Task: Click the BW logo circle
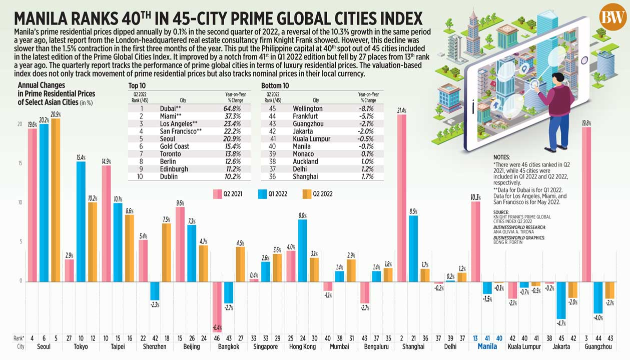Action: click(613, 17)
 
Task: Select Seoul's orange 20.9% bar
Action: click(56, 200)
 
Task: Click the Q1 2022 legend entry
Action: click(273, 193)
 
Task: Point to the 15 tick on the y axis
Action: click(21, 163)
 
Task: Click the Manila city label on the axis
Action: click(488, 346)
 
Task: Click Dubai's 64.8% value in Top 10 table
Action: click(232, 108)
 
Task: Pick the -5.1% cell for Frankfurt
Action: click(368, 115)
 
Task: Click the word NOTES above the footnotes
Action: click(502, 157)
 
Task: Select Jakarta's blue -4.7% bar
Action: click(561, 300)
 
